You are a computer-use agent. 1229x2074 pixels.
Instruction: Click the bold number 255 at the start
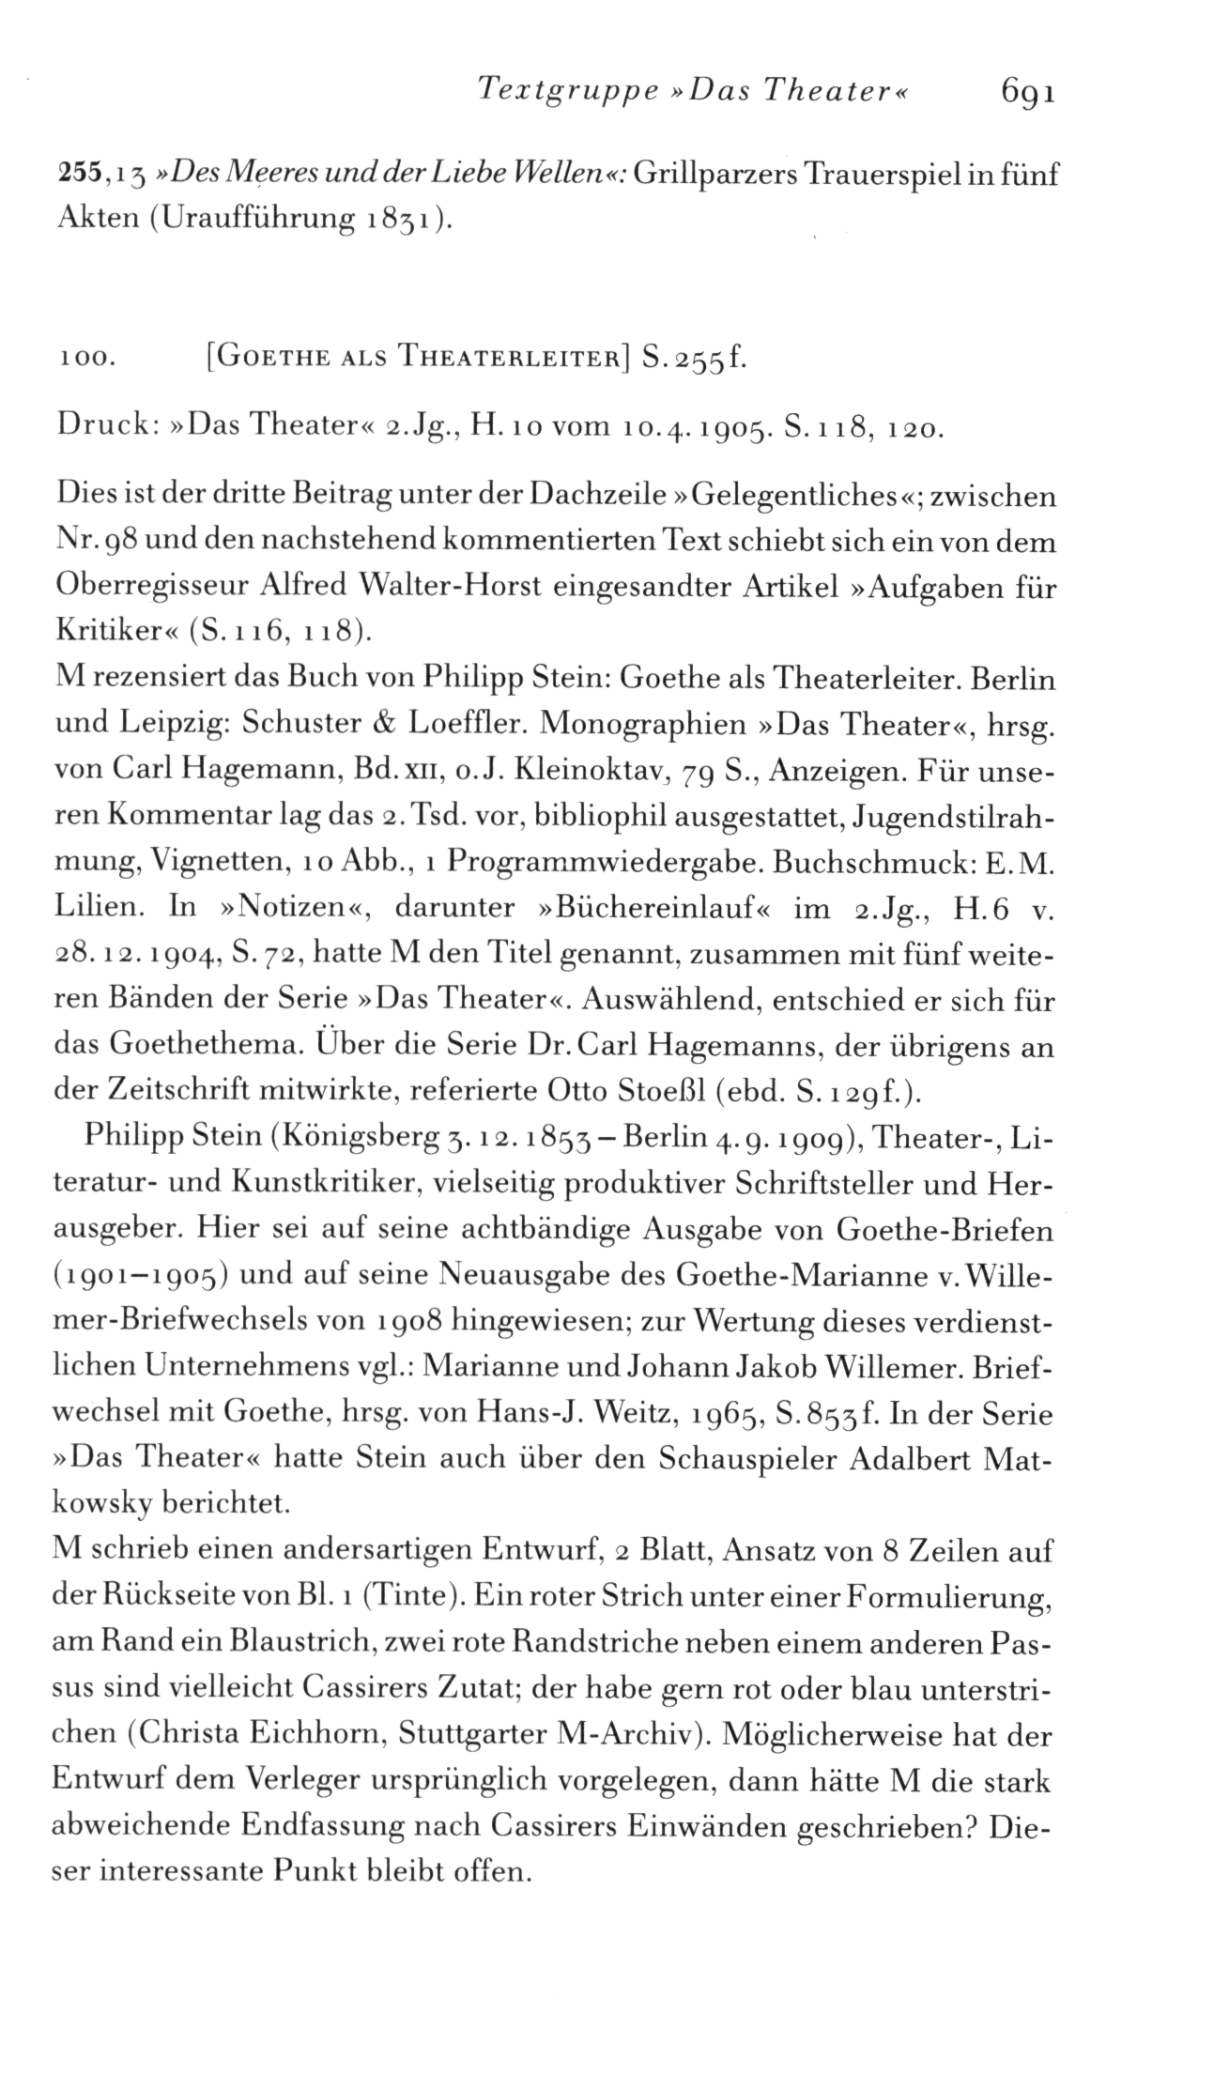pos(78,176)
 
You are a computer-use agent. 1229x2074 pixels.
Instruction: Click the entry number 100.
pos(85,360)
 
